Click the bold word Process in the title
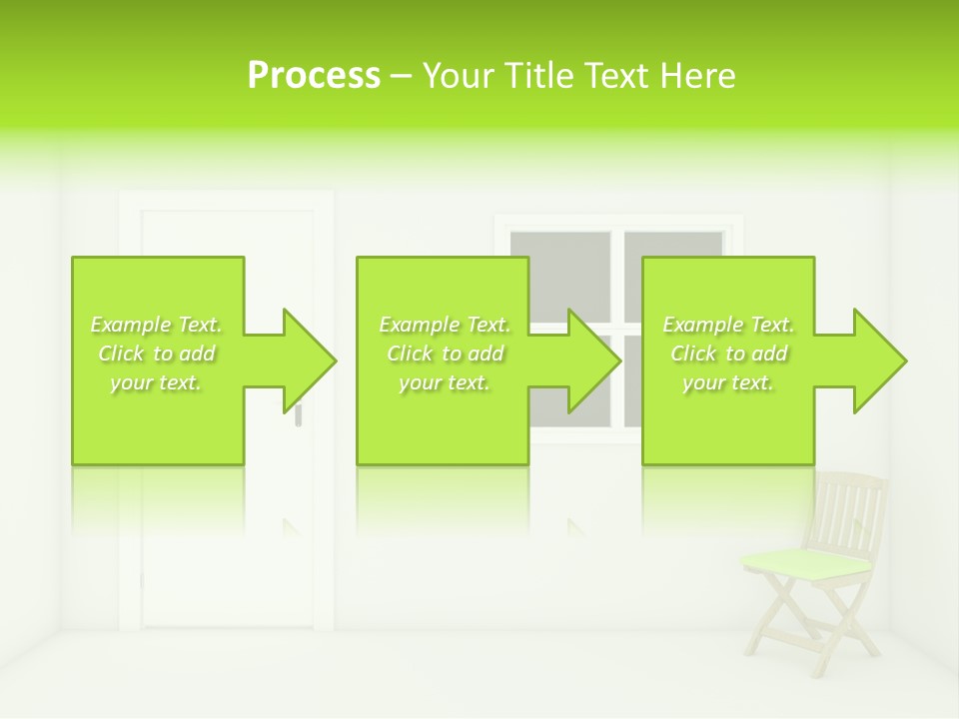click(314, 76)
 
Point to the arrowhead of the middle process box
click(593, 360)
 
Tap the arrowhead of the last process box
click(879, 360)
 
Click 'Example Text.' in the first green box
click(157, 325)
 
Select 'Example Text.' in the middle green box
click(445, 325)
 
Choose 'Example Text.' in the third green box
click(728, 325)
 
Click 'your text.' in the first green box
click(157, 382)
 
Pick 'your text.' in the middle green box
click(445, 382)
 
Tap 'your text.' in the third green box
click(728, 382)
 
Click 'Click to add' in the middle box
click(445, 354)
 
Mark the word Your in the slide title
click(455, 76)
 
